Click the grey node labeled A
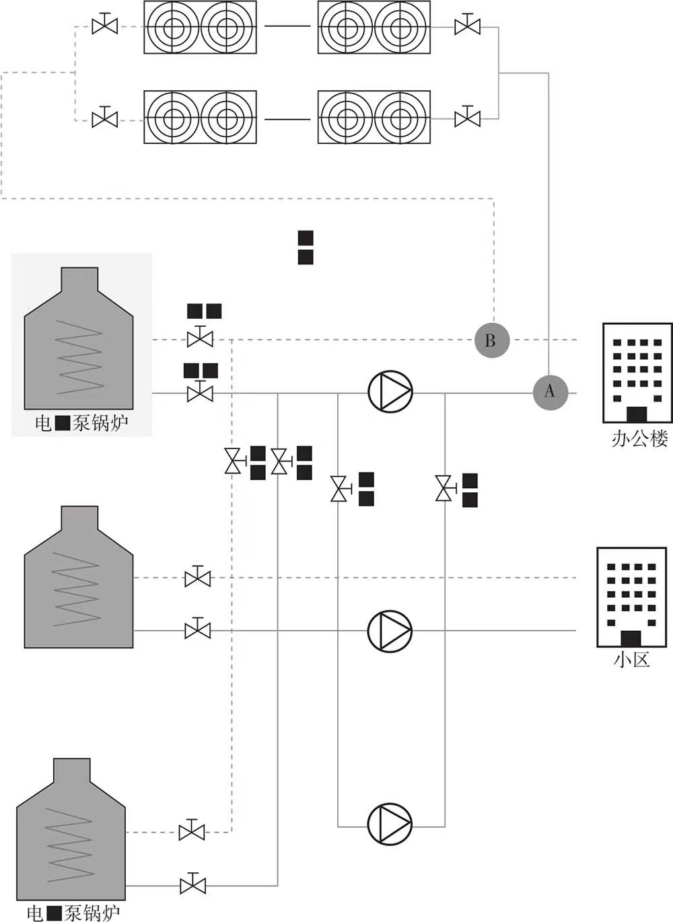[x=551, y=391]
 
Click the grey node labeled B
[x=492, y=340]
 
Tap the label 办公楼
[x=639, y=439]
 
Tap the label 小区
[x=632, y=659]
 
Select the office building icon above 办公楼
[x=636, y=372]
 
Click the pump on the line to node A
[x=390, y=392]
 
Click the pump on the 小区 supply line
[x=390, y=631]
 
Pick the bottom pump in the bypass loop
[x=390, y=823]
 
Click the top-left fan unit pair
[x=200, y=28]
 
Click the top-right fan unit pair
[x=374, y=28]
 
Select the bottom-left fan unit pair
[x=200, y=117]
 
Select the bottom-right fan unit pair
[x=374, y=117]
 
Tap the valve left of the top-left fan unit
[x=104, y=26]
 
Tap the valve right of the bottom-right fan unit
[x=467, y=118]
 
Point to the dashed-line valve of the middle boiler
[x=197, y=577]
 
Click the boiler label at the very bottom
[x=73, y=913]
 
